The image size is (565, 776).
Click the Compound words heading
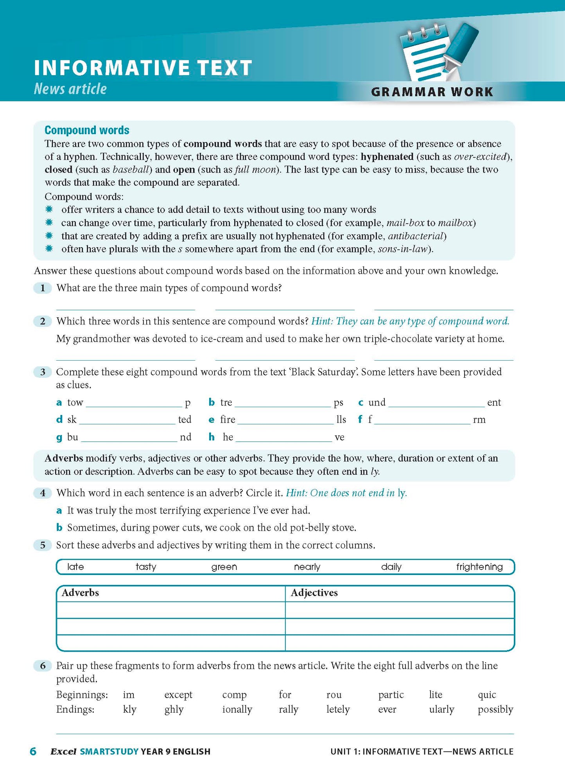(87, 130)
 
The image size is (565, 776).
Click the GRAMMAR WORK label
(432, 92)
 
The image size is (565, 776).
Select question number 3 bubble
(43, 372)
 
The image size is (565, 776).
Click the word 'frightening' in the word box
(479, 567)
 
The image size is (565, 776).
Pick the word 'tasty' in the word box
(146, 567)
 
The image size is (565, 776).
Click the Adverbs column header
(80, 593)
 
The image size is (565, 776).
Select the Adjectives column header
(314, 593)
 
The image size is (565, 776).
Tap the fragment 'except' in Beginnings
(178, 695)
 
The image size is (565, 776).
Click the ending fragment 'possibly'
(495, 710)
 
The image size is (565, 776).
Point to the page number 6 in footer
(33, 751)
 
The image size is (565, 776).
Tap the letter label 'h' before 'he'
(212, 437)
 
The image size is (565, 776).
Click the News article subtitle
(70, 89)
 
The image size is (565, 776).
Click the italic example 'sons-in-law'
(403, 249)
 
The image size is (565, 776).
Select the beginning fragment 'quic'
(487, 695)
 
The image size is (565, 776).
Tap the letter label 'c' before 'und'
(361, 402)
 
